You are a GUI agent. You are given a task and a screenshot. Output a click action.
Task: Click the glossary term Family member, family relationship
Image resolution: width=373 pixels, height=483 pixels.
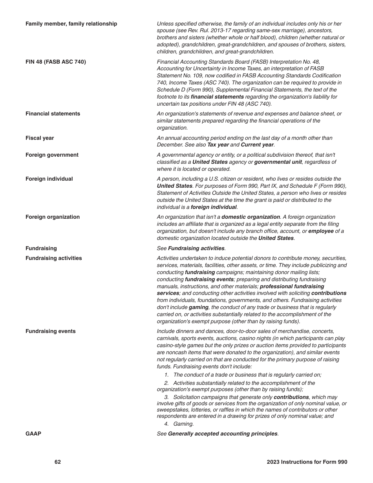click(x=71, y=24)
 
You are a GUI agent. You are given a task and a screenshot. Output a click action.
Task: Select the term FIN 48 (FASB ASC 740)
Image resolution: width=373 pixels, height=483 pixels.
click(x=55, y=62)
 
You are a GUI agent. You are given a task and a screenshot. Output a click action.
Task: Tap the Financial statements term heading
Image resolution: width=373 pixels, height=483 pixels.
click(x=53, y=114)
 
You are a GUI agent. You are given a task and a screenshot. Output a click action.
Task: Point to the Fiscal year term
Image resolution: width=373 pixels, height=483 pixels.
click(x=40, y=138)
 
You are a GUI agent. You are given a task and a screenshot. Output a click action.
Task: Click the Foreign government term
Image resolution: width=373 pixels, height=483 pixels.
click(x=52, y=155)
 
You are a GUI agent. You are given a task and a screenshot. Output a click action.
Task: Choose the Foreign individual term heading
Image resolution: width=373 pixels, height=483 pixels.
click(x=49, y=179)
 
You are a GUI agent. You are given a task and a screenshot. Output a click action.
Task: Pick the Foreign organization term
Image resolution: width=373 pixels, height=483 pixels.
click(x=52, y=217)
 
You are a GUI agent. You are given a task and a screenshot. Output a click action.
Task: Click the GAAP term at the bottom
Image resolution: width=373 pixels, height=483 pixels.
click(x=33, y=434)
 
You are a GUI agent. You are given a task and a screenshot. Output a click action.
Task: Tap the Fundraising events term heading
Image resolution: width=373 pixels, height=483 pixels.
click(x=50, y=331)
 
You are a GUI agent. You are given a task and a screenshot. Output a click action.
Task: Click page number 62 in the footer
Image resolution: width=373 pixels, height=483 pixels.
click(x=58, y=462)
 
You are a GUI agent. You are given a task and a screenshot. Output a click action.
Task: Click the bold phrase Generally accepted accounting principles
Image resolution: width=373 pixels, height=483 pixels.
click(x=222, y=434)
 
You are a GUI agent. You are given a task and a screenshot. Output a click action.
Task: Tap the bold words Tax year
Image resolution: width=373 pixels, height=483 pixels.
click(x=218, y=145)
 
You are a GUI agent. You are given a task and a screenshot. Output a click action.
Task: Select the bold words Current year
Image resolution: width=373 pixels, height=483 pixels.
click(x=257, y=145)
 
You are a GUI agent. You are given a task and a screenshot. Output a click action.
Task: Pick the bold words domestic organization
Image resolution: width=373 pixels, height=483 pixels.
click(x=250, y=217)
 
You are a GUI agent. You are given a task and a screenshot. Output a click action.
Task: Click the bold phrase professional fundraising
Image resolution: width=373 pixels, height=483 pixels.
click(x=292, y=287)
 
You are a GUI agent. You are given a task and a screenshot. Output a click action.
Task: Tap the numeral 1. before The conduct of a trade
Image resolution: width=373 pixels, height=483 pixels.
click(x=166, y=375)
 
